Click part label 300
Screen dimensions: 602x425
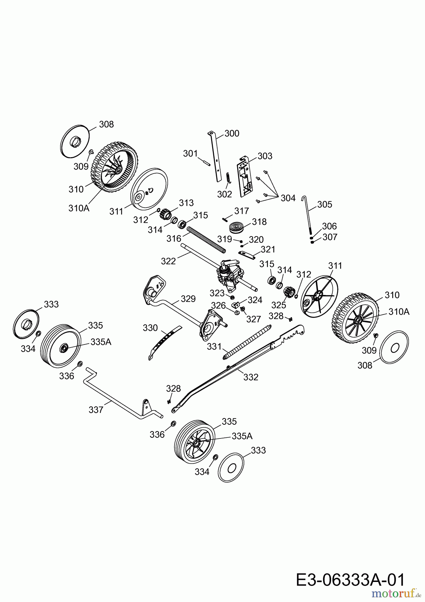(x=232, y=133)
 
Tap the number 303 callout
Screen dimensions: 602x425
(x=265, y=156)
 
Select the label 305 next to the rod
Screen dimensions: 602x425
(x=325, y=204)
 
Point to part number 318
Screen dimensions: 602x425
(x=259, y=222)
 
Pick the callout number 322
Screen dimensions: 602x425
(x=168, y=261)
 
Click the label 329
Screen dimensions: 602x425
(x=188, y=299)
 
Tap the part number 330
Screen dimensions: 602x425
(x=150, y=328)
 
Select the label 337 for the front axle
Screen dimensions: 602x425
(x=96, y=410)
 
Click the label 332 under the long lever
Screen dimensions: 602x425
(x=251, y=377)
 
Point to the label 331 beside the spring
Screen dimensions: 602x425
(x=214, y=347)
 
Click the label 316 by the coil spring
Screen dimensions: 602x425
(x=174, y=238)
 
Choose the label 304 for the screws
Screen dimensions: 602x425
(x=288, y=198)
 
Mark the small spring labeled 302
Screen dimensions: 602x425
(x=229, y=178)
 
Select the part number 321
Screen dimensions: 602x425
(x=268, y=249)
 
